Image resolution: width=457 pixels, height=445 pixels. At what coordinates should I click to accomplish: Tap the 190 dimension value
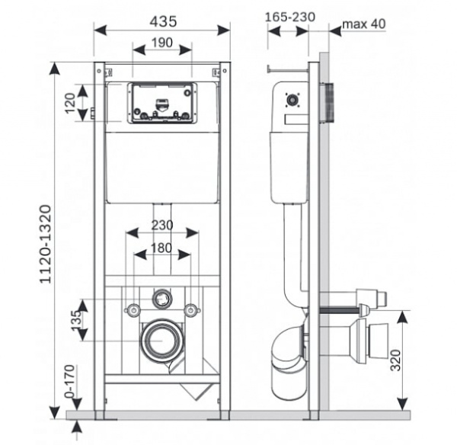(161, 43)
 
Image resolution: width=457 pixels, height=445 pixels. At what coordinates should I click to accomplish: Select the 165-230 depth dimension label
(290, 17)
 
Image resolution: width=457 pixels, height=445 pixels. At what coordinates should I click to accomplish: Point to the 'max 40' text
(363, 23)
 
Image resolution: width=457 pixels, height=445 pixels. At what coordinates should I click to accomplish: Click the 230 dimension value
(161, 226)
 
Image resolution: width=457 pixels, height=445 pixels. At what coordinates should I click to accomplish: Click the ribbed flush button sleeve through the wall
(328, 101)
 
